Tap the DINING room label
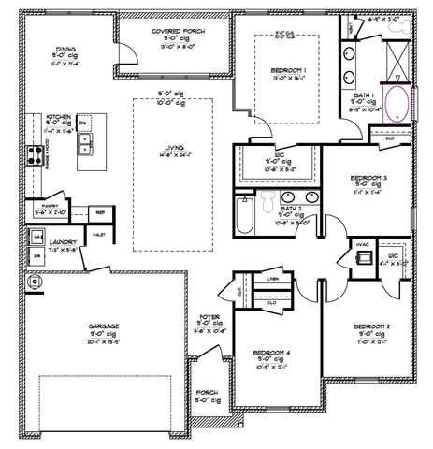65,51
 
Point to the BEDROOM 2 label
372,326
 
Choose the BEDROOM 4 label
273,353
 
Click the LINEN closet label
272,279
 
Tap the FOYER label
209,318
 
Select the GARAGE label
106,326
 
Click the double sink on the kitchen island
85,144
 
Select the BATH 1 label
363,95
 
